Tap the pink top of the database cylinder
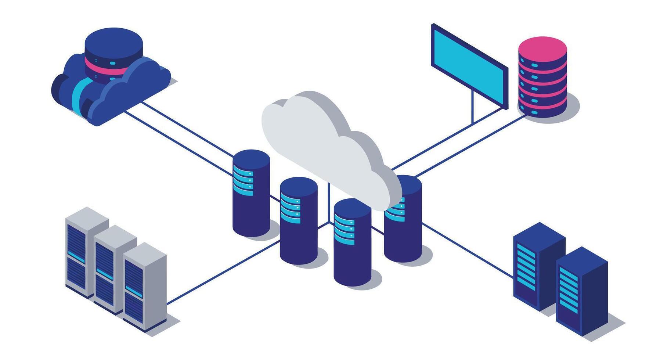click(542, 48)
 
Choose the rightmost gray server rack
click(144, 287)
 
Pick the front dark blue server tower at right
click(581, 290)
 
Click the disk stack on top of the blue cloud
click(113, 51)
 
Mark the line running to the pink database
click(470, 145)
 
